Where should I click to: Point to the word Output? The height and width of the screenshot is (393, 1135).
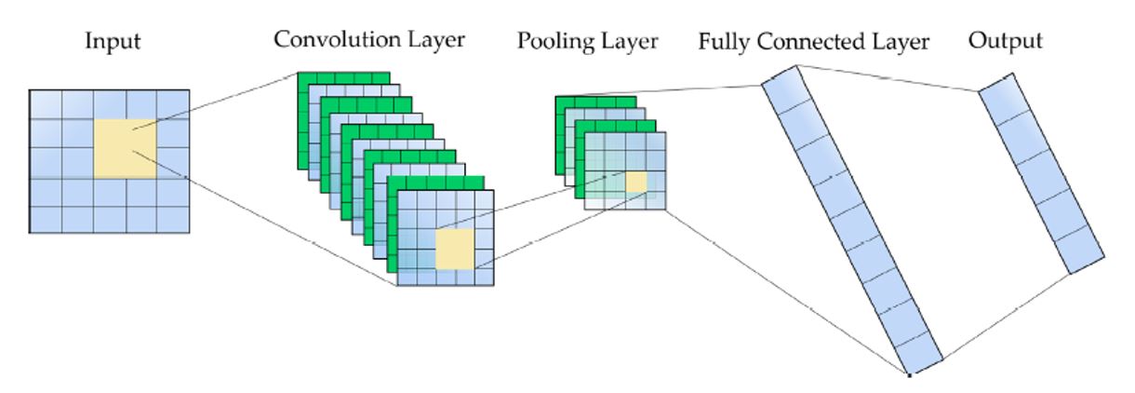click(x=1005, y=42)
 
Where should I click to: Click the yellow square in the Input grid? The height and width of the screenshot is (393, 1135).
click(x=125, y=148)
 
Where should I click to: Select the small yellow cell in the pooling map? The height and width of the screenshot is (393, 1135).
click(x=635, y=183)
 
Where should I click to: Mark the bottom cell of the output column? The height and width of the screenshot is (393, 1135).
click(x=1083, y=251)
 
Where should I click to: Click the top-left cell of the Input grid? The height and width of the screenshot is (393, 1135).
click(x=46, y=104)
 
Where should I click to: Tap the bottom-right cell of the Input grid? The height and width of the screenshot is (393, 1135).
click(x=173, y=220)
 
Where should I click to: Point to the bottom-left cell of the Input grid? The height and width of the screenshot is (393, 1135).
click(x=46, y=220)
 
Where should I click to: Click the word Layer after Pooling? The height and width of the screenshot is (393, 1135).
click(x=632, y=42)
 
